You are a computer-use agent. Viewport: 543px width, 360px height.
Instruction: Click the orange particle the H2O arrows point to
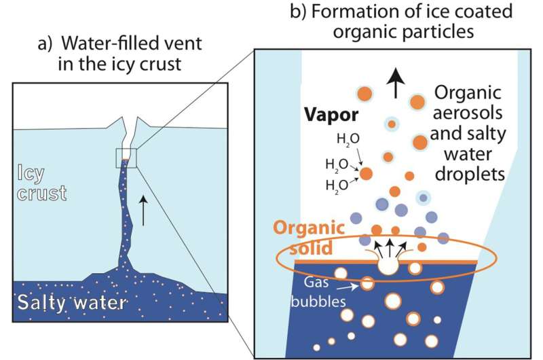pyautogui.click(x=368, y=174)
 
